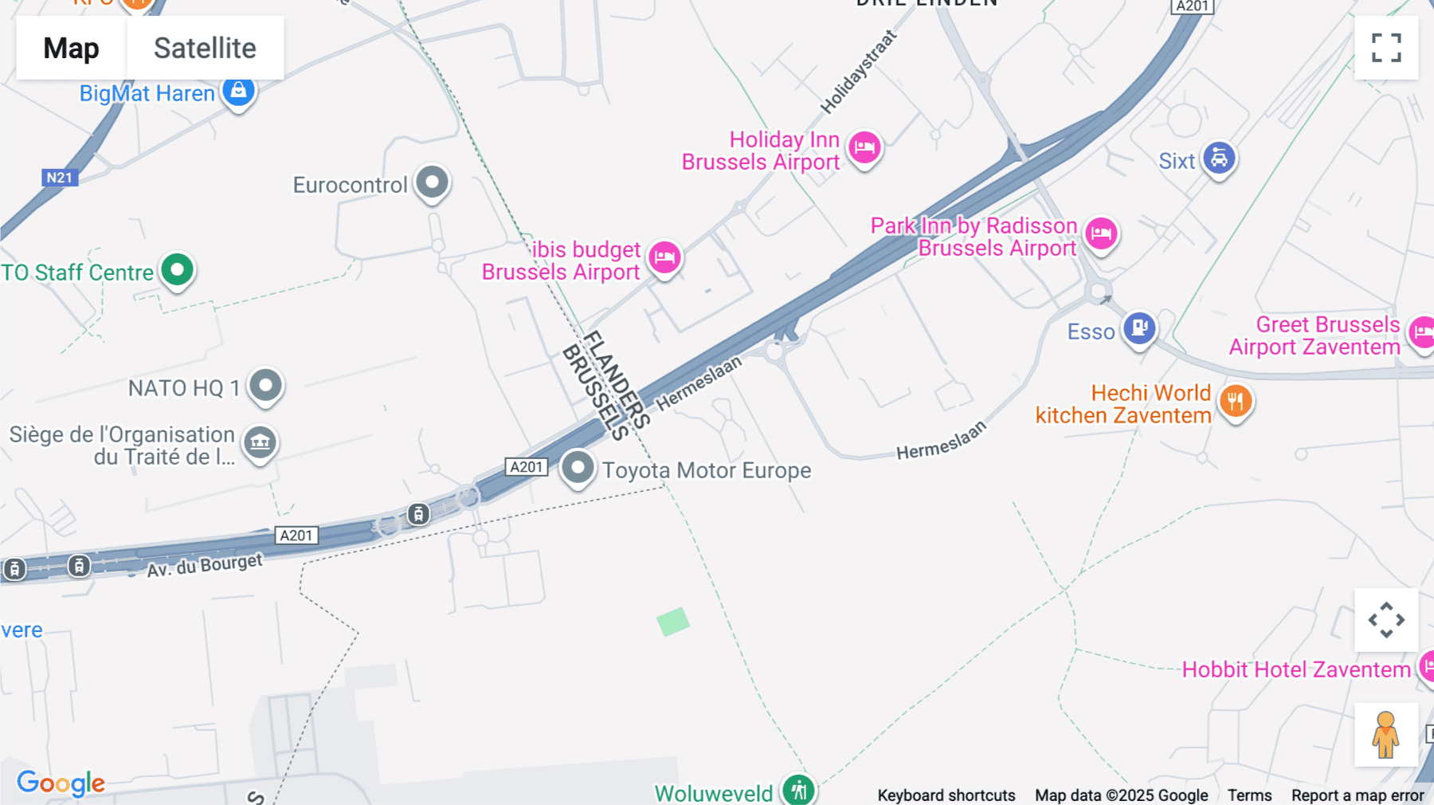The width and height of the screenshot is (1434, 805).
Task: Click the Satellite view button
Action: (205, 48)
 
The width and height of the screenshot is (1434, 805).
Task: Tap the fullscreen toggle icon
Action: (1386, 48)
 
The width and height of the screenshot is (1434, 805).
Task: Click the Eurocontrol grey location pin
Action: (433, 183)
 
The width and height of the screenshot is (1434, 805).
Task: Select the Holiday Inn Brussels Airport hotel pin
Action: (864, 147)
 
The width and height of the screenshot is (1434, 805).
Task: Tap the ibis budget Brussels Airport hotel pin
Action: (664, 257)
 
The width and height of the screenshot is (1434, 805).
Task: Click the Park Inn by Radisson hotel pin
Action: (1102, 234)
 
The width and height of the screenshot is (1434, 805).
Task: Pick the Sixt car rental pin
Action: (1219, 158)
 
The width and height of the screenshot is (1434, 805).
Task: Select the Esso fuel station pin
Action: (1139, 328)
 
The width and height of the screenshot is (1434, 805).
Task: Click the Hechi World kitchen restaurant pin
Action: (1236, 401)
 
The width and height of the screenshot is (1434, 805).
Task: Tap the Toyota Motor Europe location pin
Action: (578, 467)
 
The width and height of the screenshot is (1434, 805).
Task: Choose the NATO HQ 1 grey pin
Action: (265, 386)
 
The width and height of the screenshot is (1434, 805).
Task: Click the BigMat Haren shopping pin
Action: (238, 92)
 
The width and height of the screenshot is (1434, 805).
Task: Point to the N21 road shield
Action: (60, 178)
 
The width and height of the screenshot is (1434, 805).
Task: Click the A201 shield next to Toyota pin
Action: (527, 467)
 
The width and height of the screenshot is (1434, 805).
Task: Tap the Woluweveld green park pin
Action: (798, 790)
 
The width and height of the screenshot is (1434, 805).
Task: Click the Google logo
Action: (61, 783)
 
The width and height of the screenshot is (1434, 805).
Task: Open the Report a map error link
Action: (1358, 795)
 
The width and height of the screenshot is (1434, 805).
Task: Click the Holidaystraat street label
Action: (858, 72)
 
